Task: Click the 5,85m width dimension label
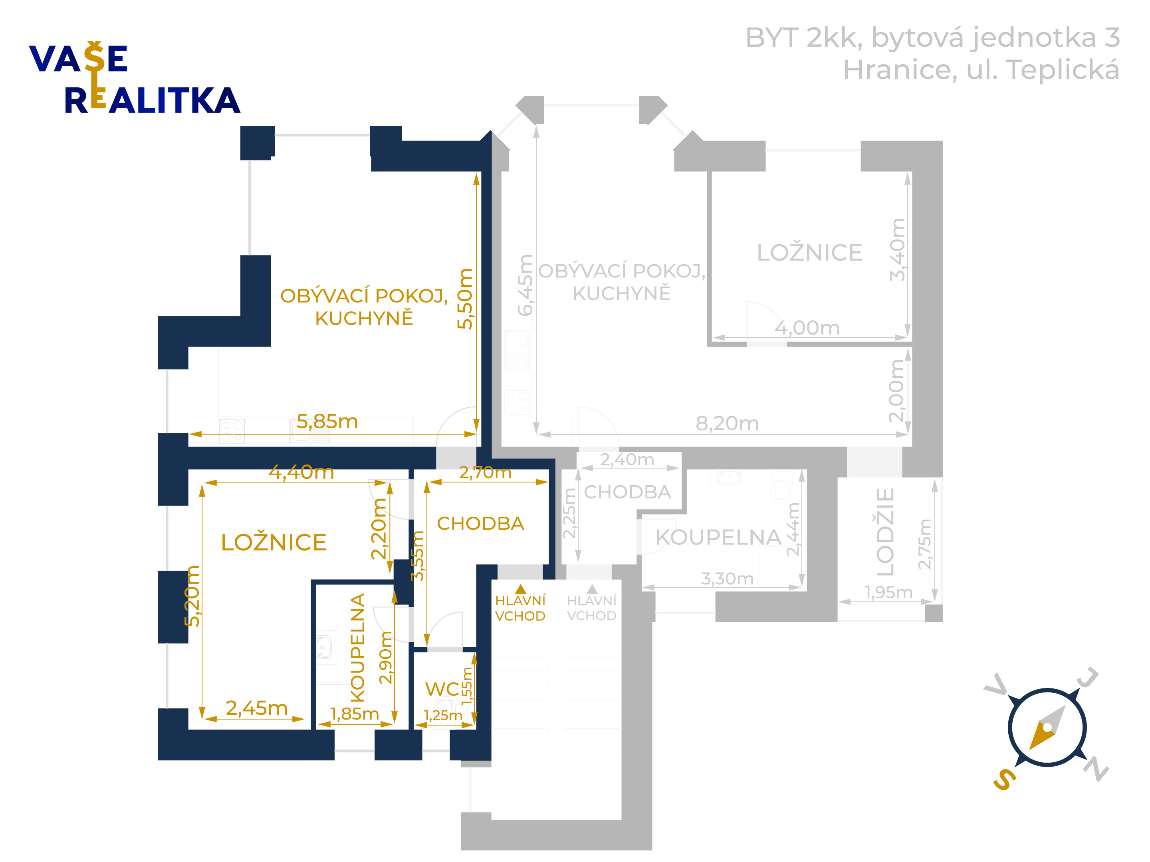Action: (x=327, y=421)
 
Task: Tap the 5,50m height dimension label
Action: (x=465, y=299)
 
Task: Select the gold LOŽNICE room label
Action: (x=274, y=542)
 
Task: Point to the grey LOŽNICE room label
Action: (x=809, y=253)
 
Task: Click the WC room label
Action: (x=442, y=689)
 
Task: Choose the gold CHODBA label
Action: (x=480, y=524)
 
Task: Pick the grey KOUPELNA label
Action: (x=718, y=537)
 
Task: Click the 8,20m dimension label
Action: (x=727, y=423)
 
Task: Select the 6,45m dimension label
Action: (x=525, y=285)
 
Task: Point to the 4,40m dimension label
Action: (x=301, y=473)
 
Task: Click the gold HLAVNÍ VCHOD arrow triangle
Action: (x=520, y=589)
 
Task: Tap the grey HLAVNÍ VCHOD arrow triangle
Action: (x=592, y=589)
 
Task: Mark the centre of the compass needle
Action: (x=1047, y=727)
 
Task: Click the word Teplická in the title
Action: (x=1062, y=70)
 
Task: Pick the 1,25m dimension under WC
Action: (x=443, y=716)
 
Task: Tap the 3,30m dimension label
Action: (x=727, y=578)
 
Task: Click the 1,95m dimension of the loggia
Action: (x=888, y=592)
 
